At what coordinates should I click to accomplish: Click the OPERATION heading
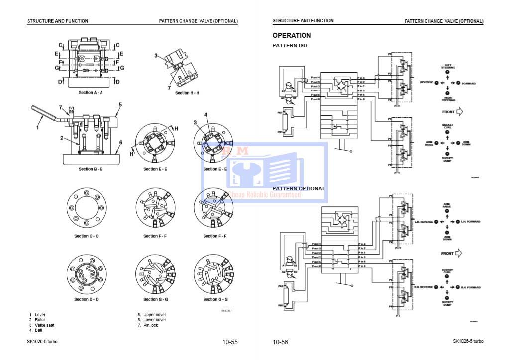click(292, 36)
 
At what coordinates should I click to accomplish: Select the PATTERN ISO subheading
click(290, 46)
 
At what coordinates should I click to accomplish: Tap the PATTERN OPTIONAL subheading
click(299, 189)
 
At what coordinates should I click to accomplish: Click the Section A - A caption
click(91, 93)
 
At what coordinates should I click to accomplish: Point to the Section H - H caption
click(187, 93)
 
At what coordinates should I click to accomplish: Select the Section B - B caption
click(91, 169)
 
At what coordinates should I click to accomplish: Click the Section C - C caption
click(86, 236)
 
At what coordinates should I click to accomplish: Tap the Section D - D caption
click(86, 299)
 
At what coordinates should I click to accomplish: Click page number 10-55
click(230, 342)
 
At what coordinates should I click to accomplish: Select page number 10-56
click(280, 342)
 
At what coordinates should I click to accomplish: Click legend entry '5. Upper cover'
click(152, 315)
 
